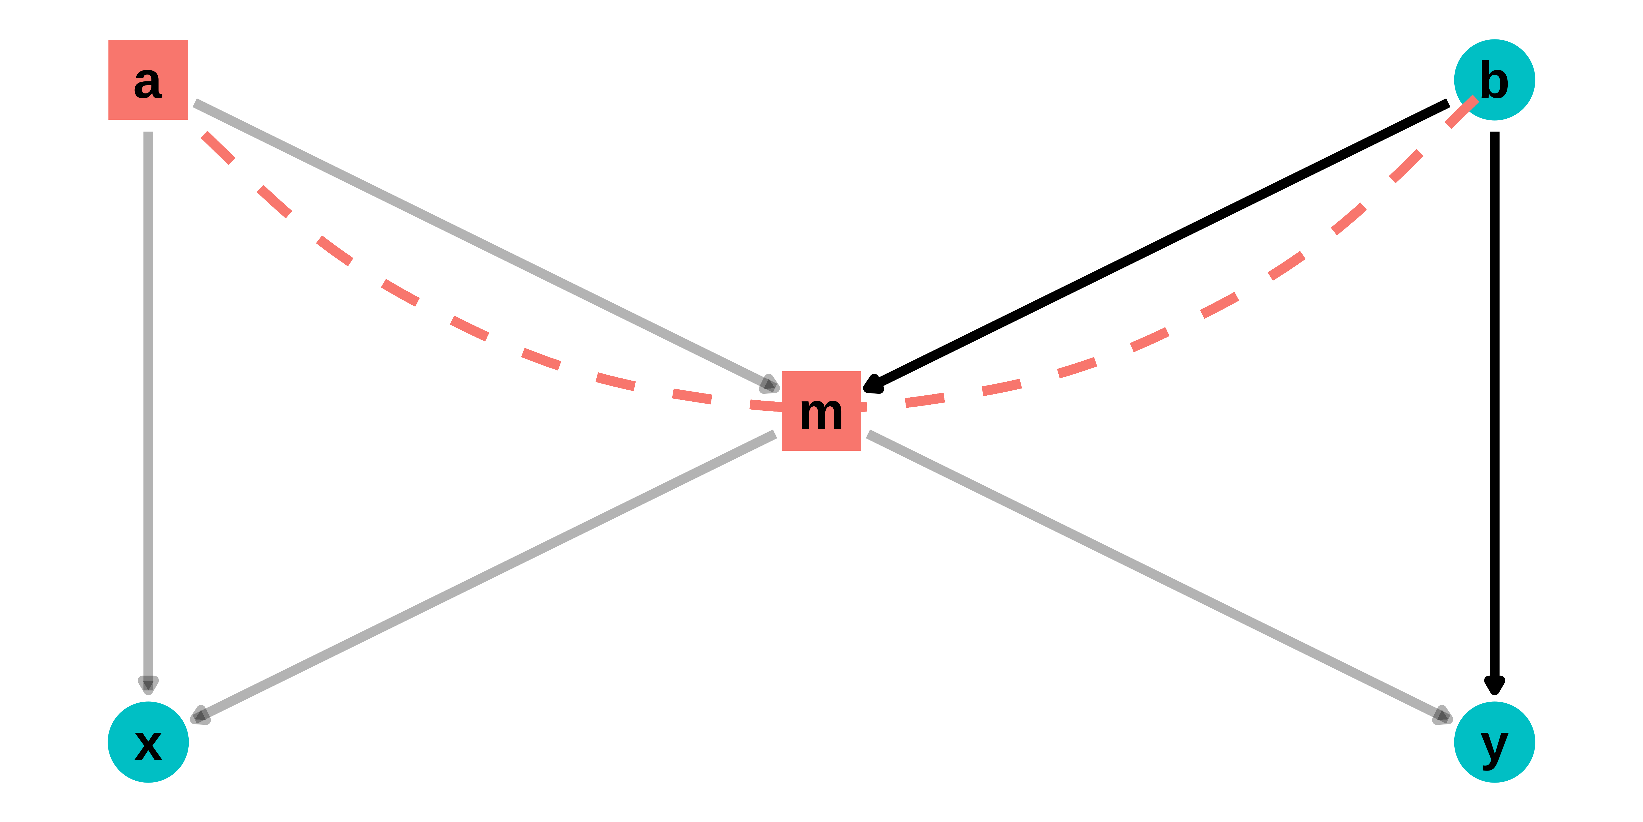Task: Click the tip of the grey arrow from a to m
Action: tap(779, 389)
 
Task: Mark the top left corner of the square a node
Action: tap(108, 40)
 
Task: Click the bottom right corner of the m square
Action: tap(861, 450)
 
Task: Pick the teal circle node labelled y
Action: tap(1494, 742)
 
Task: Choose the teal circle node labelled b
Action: tap(1494, 80)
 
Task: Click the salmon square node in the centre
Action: tap(821, 411)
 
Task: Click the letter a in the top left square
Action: tap(148, 83)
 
